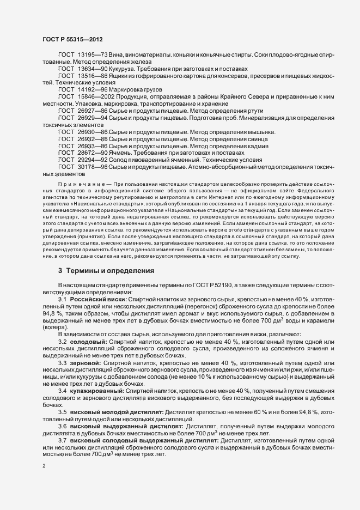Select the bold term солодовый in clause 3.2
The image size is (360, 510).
[x=89, y=341]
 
